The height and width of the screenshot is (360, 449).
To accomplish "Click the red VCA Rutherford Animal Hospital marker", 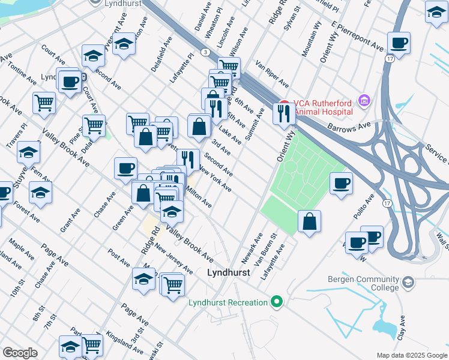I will coord(284,103).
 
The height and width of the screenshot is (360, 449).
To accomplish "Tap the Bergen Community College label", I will coord(364,283).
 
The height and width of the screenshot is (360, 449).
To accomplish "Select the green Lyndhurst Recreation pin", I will coord(276,302).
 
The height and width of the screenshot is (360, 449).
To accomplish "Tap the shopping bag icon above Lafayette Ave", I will coord(309,221).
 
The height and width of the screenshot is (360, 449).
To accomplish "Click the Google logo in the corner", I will coord(20,353).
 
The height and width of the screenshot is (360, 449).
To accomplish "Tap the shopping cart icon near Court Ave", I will coord(44,103).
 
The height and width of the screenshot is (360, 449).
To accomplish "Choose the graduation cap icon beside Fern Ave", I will coord(28,153).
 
